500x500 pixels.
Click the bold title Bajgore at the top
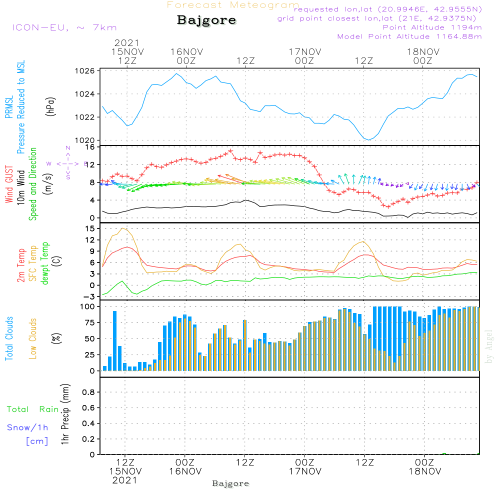(x=206, y=20)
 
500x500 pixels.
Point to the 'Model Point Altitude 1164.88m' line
(x=409, y=36)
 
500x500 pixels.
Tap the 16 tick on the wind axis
(x=90, y=147)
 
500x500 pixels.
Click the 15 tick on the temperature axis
(x=90, y=228)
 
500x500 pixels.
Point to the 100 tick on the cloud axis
(x=87, y=306)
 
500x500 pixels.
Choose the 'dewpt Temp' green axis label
(x=45, y=263)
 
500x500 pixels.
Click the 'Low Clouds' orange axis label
(x=33, y=338)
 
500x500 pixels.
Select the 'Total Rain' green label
(x=33, y=409)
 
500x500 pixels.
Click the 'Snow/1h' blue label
(x=27, y=428)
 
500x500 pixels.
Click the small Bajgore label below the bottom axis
(x=230, y=484)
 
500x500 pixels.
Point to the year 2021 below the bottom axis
(x=124, y=480)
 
